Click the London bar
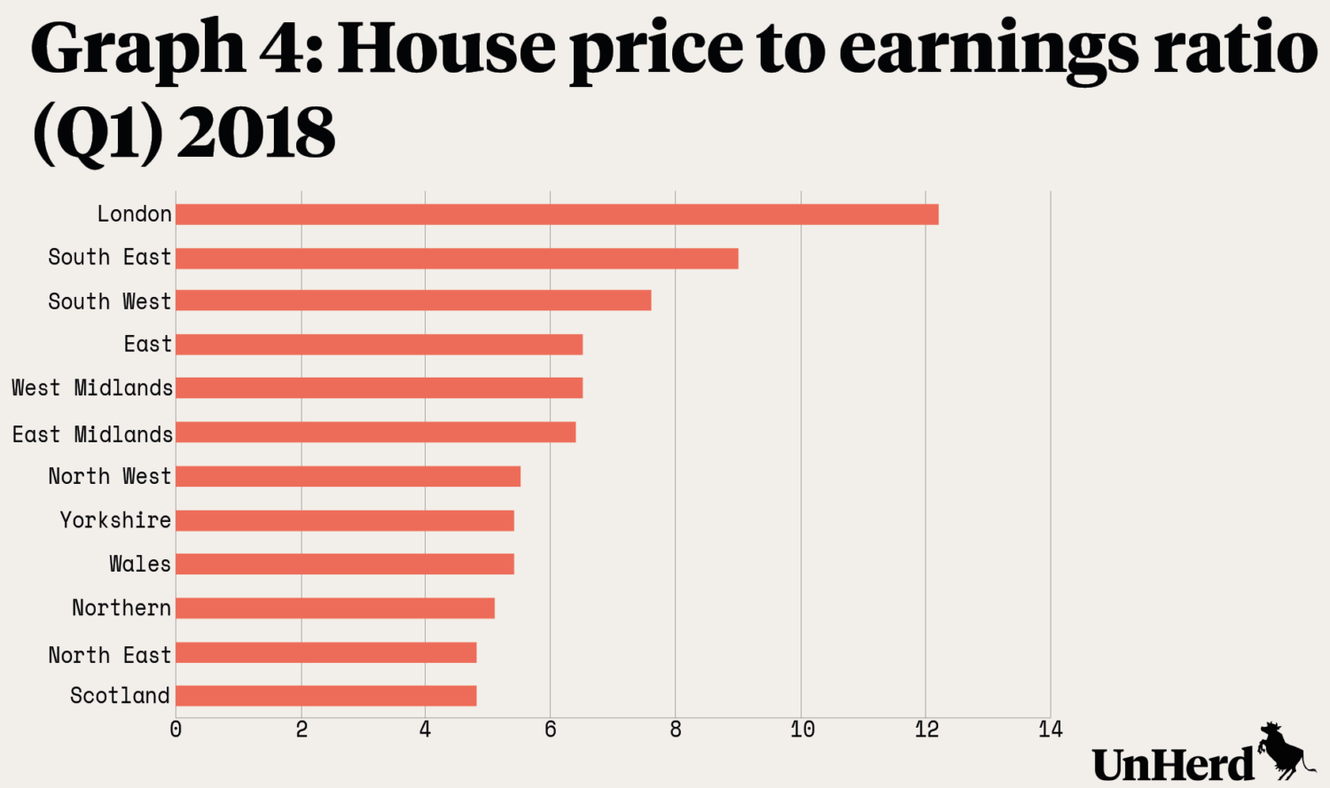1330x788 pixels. coord(557,215)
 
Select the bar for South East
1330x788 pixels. coord(457,258)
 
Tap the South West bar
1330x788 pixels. coord(413,300)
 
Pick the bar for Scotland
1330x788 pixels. coord(326,696)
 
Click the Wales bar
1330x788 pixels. coord(345,564)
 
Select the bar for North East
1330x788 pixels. coord(326,653)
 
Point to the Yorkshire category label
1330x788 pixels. coord(115,520)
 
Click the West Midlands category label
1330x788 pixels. coord(92,388)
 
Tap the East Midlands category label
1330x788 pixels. coord(92,434)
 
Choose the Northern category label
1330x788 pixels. coord(121,608)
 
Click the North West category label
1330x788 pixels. coord(109,477)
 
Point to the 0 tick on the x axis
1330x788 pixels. coord(176,729)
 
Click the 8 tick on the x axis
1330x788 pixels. coord(676,729)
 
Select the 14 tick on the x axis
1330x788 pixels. coord(1051,729)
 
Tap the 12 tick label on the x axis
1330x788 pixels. coord(926,729)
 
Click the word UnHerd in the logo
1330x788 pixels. coord(1173,764)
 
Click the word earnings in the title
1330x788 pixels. coord(988,51)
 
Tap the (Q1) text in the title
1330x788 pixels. coord(98,134)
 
